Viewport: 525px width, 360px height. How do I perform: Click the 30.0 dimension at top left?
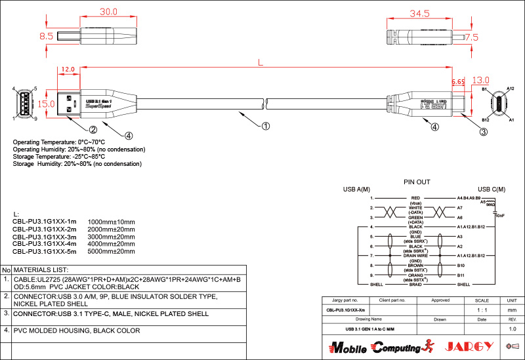[108, 12]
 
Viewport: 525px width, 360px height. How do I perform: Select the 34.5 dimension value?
[419, 13]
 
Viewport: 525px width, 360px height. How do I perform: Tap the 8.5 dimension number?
[46, 37]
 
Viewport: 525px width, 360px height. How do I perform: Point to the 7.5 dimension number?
[471, 37]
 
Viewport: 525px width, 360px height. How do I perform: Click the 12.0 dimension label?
[68, 69]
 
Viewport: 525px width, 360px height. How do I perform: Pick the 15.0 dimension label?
[46, 104]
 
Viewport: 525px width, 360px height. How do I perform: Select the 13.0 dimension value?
[481, 79]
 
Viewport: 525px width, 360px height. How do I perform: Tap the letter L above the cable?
[261, 64]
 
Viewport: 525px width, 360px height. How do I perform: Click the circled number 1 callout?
[266, 125]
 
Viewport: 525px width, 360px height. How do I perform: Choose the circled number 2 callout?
[93, 129]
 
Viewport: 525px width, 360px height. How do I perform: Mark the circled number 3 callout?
[483, 132]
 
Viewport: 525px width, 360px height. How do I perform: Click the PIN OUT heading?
[416, 182]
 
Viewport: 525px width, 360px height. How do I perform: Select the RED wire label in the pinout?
[415, 197]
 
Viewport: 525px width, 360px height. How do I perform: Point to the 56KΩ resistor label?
[490, 205]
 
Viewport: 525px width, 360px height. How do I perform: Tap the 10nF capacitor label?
[499, 215]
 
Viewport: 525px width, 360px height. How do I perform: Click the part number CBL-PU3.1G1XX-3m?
[45, 237]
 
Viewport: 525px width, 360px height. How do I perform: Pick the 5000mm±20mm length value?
[111, 251]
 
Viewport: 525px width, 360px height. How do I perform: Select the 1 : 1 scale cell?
[481, 310]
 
